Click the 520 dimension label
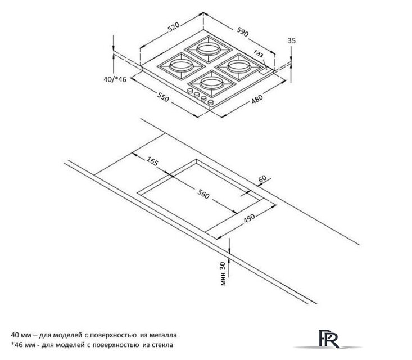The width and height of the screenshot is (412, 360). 174,27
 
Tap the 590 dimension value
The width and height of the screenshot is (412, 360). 242,31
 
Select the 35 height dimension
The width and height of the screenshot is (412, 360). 292,40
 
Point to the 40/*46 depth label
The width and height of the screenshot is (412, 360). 115,79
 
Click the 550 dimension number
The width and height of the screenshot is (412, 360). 163,97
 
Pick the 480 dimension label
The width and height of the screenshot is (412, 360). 257,98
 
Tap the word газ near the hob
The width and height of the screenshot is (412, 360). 259,53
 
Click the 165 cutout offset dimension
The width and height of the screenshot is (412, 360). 152,161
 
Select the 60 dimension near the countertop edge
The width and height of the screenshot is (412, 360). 262,179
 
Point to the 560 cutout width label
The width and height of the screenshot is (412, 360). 203,194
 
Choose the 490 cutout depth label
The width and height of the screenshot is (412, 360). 249,218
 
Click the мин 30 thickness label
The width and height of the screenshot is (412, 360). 223,274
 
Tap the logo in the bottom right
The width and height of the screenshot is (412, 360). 328,339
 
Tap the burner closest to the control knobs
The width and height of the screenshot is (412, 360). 211,84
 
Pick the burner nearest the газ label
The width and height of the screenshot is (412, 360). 238,66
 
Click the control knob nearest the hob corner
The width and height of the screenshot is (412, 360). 211,102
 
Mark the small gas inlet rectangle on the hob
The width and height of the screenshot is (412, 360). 263,71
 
